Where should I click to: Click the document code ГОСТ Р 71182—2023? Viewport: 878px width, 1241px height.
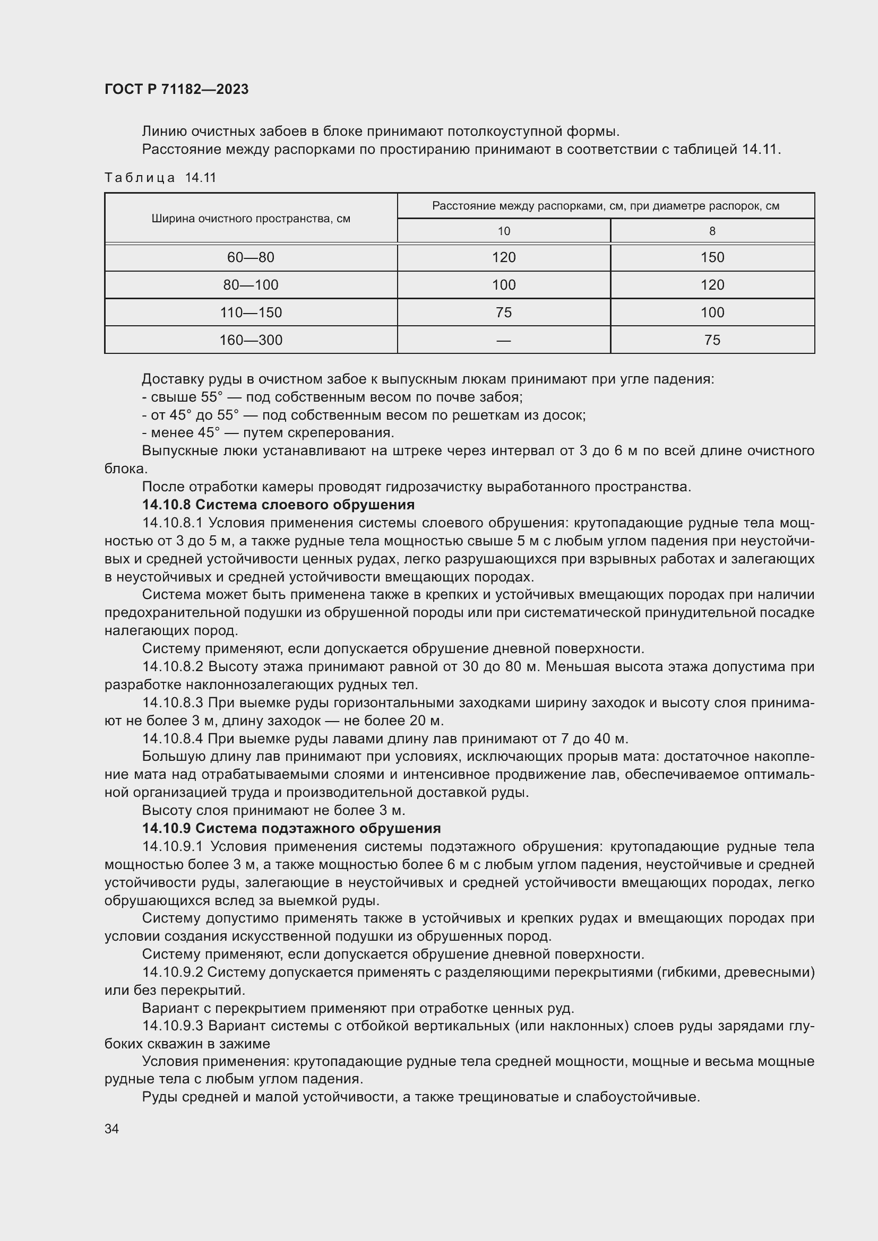[176, 89]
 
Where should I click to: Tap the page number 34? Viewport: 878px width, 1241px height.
[111, 1129]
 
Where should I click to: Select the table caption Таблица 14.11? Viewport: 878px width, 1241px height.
[160, 178]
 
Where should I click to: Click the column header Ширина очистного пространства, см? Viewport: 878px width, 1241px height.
[251, 219]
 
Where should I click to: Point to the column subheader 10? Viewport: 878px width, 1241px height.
[503, 231]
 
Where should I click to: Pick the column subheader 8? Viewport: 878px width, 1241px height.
[712, 231]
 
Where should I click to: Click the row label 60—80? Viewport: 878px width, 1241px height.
[251, 257]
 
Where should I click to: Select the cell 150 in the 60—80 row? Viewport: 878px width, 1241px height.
[712, 257]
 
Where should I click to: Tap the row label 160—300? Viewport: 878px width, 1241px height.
[251, 340]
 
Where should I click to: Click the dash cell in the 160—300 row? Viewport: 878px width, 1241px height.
[503, 340]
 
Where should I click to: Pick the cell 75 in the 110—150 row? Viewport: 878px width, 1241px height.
[503, 313]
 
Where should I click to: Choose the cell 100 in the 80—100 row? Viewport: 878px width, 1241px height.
[503, 285]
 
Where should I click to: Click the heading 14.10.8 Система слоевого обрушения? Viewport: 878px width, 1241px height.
[278, 505]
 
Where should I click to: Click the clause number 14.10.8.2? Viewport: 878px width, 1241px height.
[173, 666]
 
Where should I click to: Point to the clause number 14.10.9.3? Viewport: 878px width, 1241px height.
[173, 1026]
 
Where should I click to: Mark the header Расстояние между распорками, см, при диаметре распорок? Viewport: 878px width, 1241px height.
[606, 206]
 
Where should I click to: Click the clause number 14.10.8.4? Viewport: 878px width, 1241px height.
[173, 739]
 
